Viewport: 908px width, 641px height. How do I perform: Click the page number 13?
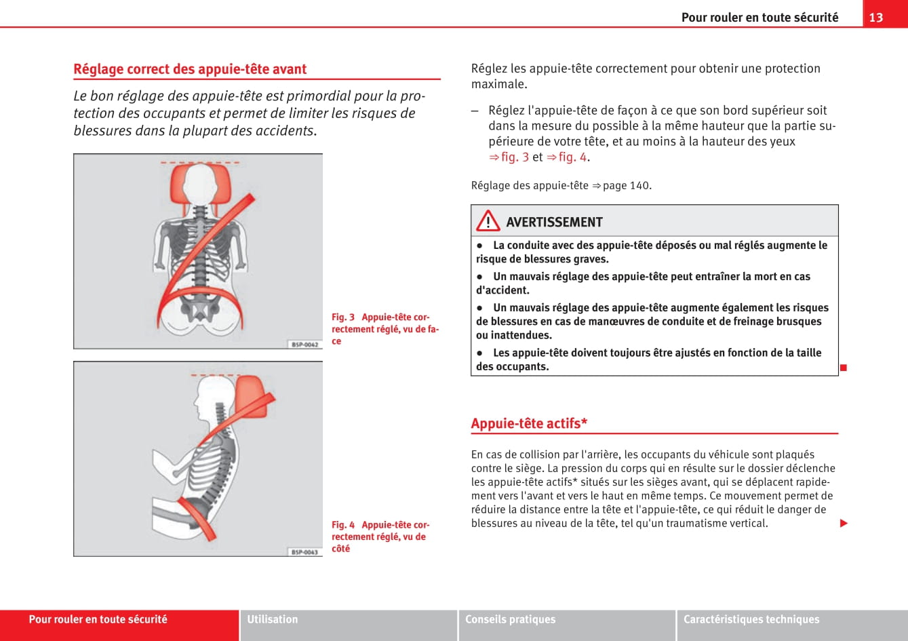876,17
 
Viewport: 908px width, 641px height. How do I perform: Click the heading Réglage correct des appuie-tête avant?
190,69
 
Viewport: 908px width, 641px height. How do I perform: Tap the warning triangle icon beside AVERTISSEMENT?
488,221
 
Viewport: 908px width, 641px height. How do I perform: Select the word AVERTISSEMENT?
553,222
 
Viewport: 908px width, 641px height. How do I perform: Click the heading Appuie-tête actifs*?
529,424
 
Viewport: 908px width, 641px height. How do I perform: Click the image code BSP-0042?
304,345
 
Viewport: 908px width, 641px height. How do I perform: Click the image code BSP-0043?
304,552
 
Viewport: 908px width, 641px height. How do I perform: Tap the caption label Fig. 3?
343,317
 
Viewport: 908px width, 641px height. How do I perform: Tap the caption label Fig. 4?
343,525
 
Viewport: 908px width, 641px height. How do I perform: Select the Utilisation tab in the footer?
273,619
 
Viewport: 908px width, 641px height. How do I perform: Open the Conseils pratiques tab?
510,619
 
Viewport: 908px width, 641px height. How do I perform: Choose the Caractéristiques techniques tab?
751,619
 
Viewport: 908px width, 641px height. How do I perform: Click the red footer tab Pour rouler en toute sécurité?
98,619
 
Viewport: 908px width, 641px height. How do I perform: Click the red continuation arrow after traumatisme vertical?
844,523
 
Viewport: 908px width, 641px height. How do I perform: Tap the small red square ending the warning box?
844,368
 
